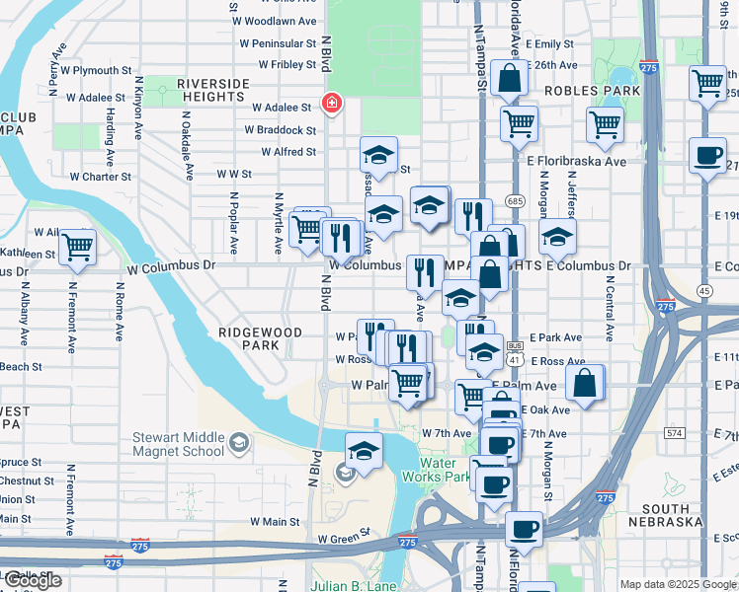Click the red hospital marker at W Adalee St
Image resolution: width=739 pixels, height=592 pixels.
tap(332, 105)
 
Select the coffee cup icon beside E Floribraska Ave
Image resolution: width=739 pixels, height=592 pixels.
tap(707, 156)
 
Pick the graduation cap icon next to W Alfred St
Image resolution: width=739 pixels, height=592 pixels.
tap(377, 155)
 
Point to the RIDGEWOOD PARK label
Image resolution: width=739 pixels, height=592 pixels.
tap(261, 339)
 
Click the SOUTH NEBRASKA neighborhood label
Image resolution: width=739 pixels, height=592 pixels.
tap(664, 515)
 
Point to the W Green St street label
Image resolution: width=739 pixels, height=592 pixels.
tap(343, 539)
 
